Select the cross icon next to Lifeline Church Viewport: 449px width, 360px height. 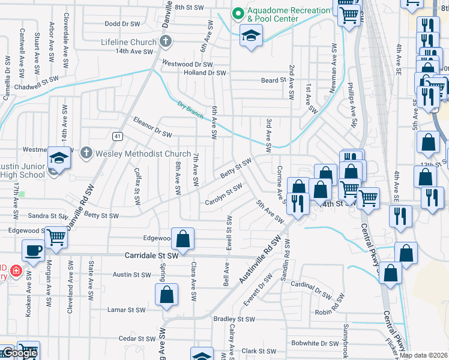coord(166,41)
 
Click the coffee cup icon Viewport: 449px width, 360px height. coord(34,250)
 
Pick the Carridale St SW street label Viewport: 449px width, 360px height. coord(152,255)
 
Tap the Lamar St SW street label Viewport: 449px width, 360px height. coord(126,310)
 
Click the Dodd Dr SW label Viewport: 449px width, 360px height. coord(121,24)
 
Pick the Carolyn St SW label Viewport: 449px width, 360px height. coord(223,194)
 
